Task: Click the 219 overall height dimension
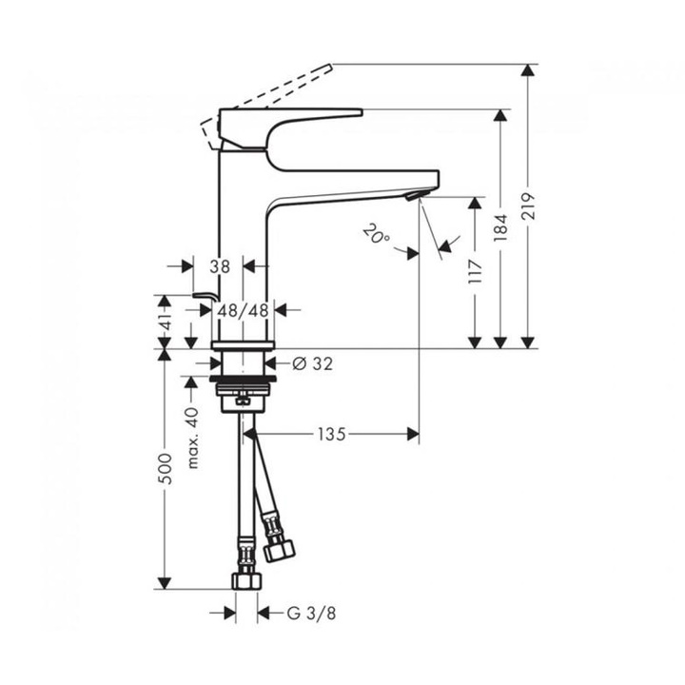(528, 205)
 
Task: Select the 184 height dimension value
(500, 227)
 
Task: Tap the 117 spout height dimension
(475, 271)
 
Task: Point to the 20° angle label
(376, 234)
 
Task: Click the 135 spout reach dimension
(332, 434)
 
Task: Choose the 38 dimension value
(220, 266)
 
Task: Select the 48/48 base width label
(243, 310)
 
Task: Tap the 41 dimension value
(166, 322)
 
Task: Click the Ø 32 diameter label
(312, 363)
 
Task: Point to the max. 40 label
(192, 438)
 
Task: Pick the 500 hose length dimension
(166, 468)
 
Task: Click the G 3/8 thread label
(311, 614)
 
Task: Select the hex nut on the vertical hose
(246, 581)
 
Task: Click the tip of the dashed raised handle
(330, 66)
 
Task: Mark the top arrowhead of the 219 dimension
(529, 69)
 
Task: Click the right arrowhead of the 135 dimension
(413, 434)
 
